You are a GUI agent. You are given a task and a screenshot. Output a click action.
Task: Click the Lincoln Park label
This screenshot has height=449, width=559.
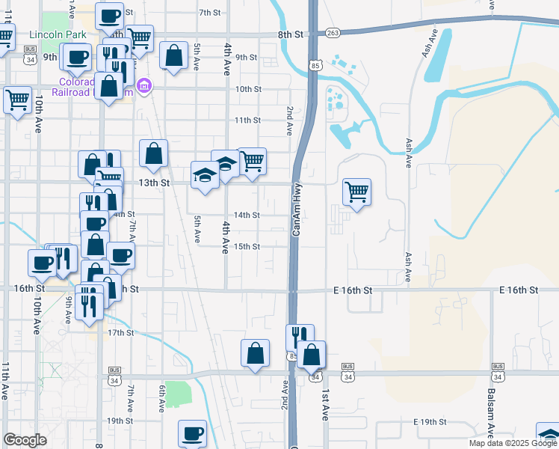pyautogui.click(x=57, y=34)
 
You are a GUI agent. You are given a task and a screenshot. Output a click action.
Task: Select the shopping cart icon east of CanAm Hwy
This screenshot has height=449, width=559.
pyautogui.click(x=357, y=192)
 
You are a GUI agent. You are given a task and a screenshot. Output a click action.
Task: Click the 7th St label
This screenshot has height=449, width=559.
pyautogui.click(x=211, y=12)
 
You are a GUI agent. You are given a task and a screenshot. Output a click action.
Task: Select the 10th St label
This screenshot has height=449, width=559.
pyautogui.click(x=247, y=88)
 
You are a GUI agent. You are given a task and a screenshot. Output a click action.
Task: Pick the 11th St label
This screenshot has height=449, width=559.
pyautogui.click(x=247, y=120)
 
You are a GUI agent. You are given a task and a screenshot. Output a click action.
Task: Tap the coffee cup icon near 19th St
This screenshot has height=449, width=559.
pyautogui.click(x=193, y=433)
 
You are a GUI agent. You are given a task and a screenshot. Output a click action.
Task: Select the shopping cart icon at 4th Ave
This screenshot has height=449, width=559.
pyautogui.click(x=252, y=160)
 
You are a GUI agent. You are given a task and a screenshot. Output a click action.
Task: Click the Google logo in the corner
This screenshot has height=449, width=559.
pyautogui.click(x=25, y=440)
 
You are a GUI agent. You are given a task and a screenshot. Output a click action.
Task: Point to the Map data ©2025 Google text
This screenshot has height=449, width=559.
pyautogui.click(x=512, y=443)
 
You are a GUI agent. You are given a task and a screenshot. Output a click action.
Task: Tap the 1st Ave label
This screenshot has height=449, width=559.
pyautogui.click(x=326, y=404)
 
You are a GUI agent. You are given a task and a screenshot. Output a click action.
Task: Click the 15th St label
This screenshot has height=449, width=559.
pyautogui.click(x=247, y=246)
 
